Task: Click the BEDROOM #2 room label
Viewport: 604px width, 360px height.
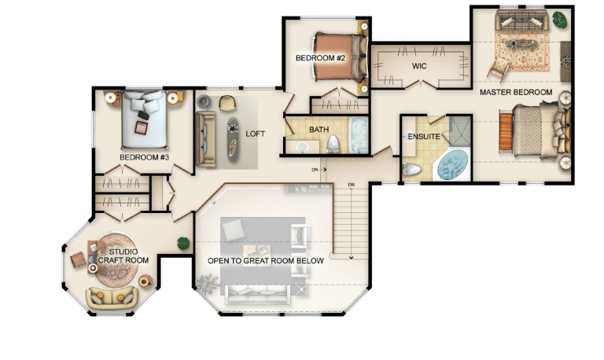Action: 320,58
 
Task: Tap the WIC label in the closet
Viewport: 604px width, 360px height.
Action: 419,66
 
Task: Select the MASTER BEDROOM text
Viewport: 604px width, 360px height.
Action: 516,93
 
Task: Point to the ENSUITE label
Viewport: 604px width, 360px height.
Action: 424,137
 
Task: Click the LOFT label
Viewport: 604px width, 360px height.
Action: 256,134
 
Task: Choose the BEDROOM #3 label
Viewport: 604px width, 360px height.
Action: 144,157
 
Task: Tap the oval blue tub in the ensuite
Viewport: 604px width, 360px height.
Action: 453,164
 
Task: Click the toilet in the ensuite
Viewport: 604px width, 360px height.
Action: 411,169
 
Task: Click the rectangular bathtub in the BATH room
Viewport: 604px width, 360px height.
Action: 359,135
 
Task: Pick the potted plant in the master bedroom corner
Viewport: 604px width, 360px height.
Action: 559,19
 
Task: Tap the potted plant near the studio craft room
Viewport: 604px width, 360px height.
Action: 183,244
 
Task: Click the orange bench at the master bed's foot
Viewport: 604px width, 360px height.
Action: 506,131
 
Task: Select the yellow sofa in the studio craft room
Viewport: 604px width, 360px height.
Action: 112,298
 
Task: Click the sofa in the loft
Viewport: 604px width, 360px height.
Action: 206,139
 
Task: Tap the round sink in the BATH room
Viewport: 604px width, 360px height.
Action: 302,147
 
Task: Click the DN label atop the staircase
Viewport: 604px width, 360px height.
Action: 351,186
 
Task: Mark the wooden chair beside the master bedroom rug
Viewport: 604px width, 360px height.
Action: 498,70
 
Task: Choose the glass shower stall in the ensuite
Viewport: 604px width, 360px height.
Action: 460,130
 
